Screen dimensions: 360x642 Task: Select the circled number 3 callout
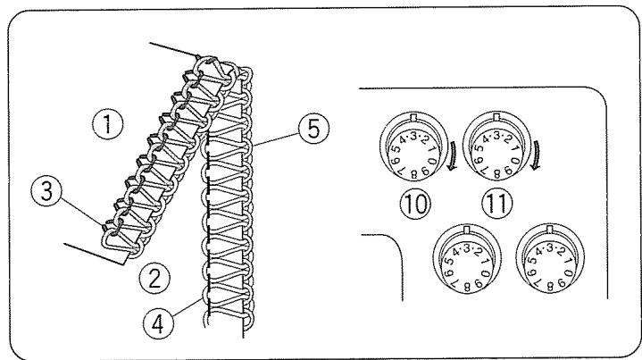(40, 189)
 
